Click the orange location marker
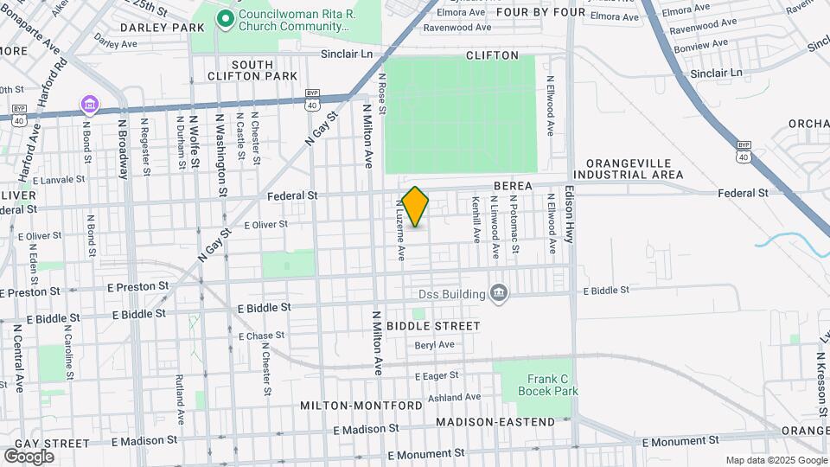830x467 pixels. pyautogui.click(x=416, y=207)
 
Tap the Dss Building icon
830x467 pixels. pyautogui.click(x=498, y=294)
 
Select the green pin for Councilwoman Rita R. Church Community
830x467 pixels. pyautogui.click(x=225, y=18)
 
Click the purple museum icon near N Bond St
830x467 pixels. pyautogui.click(x=89, y=105)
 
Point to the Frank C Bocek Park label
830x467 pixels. pyautogui.click(x=548, y=385)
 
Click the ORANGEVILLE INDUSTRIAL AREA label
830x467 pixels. pyautogui.click(x=635, y=169)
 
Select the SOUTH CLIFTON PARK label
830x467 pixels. pyautogui.click(x=252, y=70)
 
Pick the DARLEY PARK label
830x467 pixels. pyautogui.click(x=163, y=28)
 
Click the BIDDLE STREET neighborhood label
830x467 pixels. pyautogui.click(x=433, y=326)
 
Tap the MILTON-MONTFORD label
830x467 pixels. pyautogui.click(x=361, y=406)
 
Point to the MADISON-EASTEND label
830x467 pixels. pyautogui.click(x=495, y=422)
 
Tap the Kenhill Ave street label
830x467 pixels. pyautogui.click(x=476, y=220)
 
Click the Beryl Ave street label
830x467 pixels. pyautogui.click(x=434, y=344)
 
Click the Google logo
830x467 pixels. pyautogui.click(x=29, y=456)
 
